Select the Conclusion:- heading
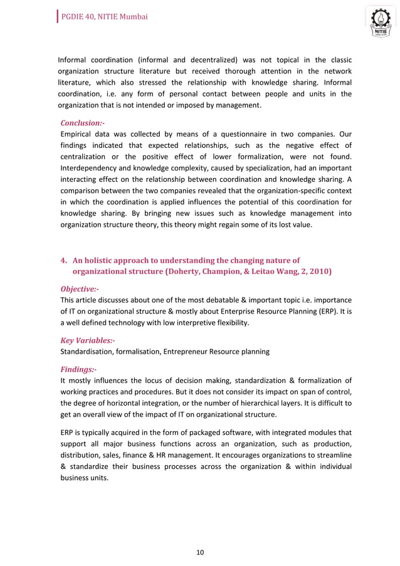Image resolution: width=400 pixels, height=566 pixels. pos(82,123)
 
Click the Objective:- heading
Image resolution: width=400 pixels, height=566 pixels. pos(79,289)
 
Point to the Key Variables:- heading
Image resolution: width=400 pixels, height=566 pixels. pos(87,340)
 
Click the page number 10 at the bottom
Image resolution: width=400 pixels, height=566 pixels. pos(200,552)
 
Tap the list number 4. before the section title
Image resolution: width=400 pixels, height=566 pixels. pos(63,260)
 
